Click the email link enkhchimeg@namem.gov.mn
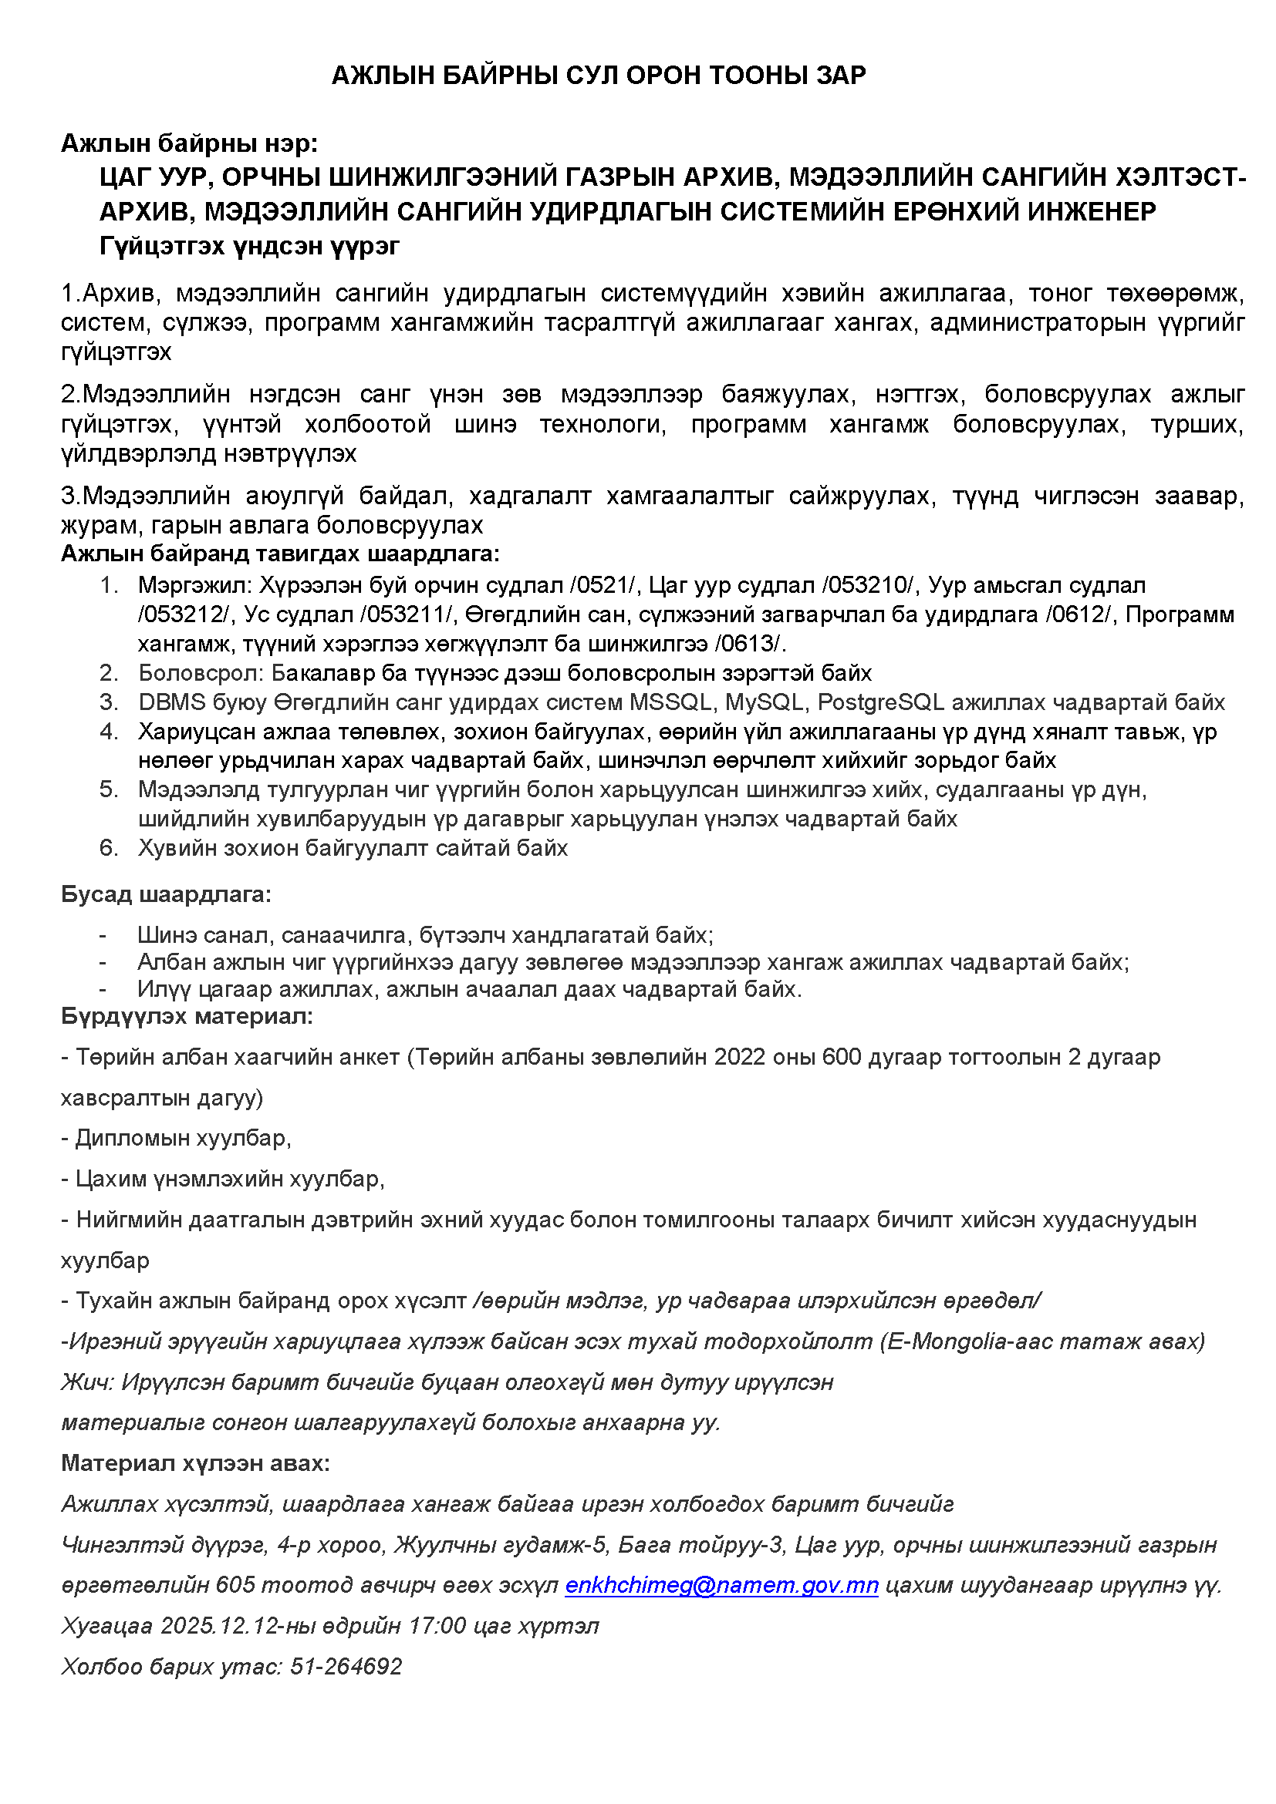click(721, 1585)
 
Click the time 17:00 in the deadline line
click(437, 1626)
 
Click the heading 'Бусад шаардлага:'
click(166, 894)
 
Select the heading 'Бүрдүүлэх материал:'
click(187, 1016)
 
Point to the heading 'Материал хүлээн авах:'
click(195, 1463)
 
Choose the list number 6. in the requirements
click(109, 848)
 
